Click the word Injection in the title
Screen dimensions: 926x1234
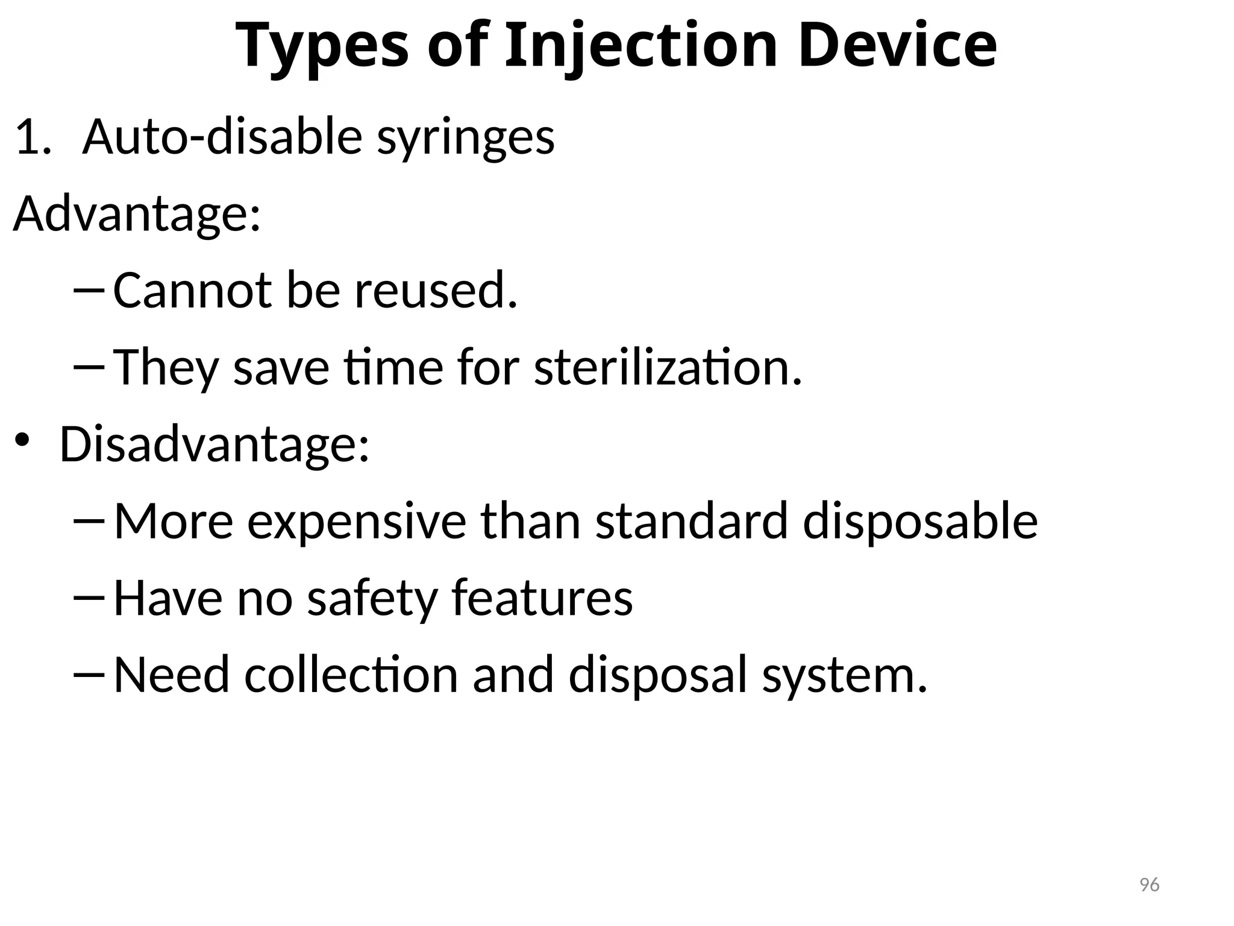(641, 46)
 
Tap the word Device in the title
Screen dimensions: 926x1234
(897, 46)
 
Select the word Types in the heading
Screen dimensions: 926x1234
(322, 46)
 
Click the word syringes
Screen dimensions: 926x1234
(465, 139)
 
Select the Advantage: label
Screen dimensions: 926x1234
(137, 213)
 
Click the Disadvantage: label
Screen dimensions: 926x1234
(215, 445)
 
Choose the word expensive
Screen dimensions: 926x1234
(357, 522)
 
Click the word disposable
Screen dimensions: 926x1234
(920, 522)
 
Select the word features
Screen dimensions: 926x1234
(542, 598)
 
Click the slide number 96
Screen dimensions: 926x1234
(1150, 885)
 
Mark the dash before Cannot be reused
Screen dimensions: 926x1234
(89, 291)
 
